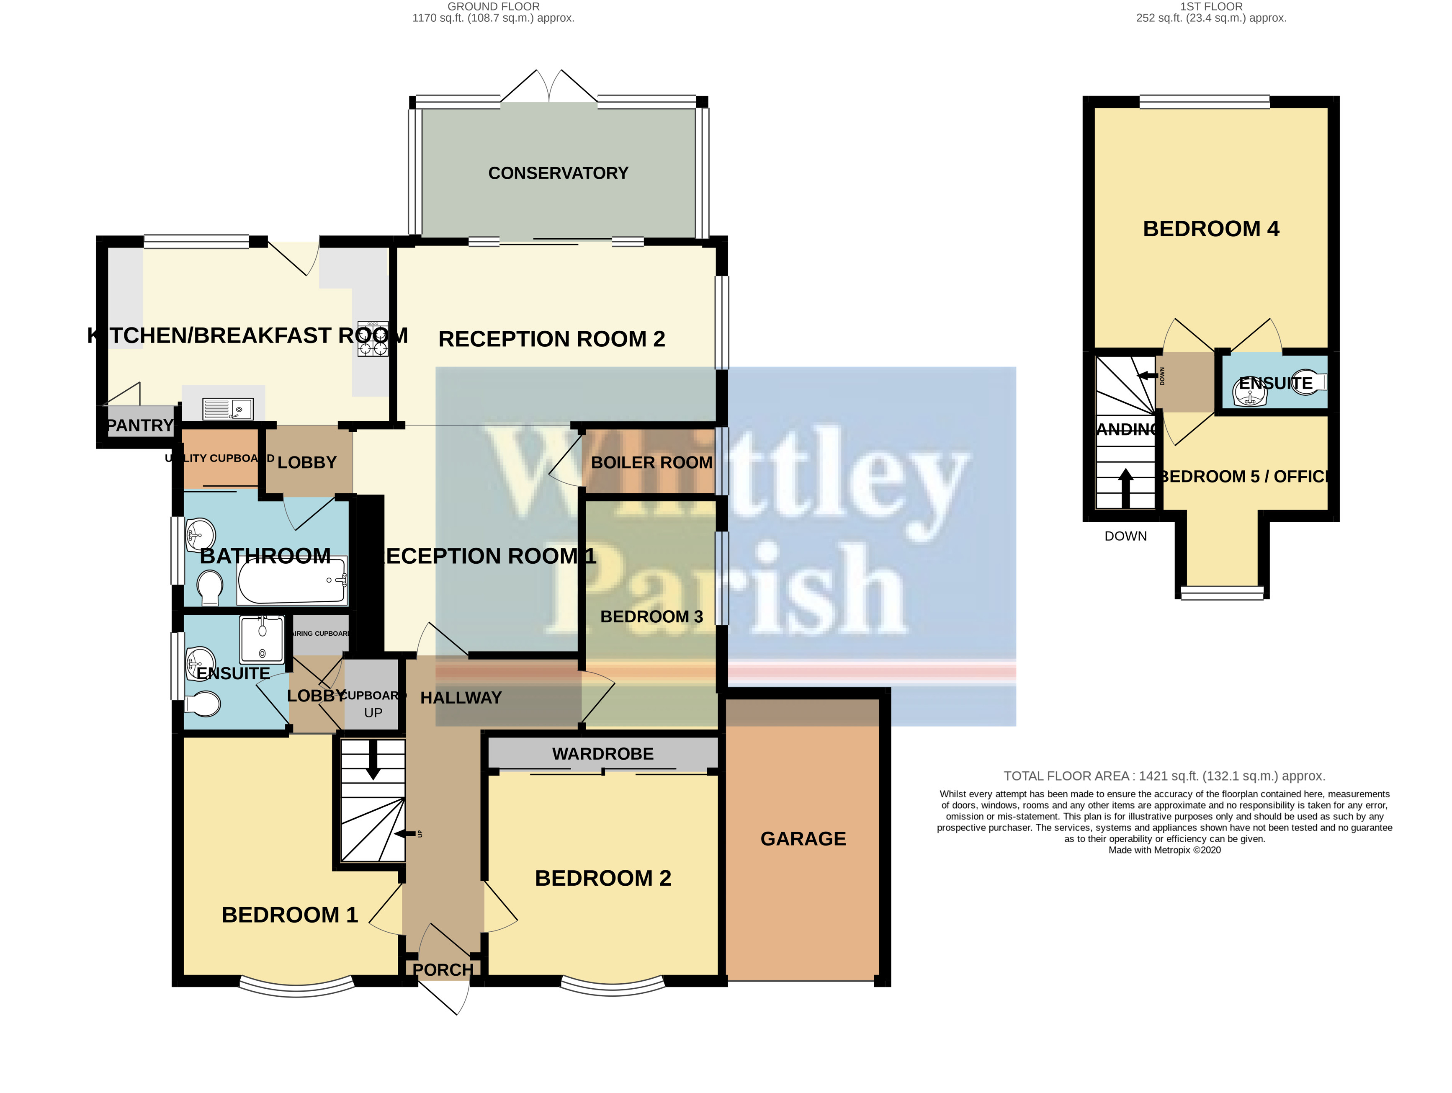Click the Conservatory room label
click(x=558, y=173)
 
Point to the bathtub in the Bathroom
click(x=292, y=580)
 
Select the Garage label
click(x=803, y=839)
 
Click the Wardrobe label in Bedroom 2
click(x=602, y=754)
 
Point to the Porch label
click(x=443, y=969)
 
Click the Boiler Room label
click(x=651, y=463)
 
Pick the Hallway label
click(x=461, y=698)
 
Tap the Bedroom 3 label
click(x=651, y=616)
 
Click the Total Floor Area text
click(x=1164, y=776)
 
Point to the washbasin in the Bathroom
click(x=200, y=535)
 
